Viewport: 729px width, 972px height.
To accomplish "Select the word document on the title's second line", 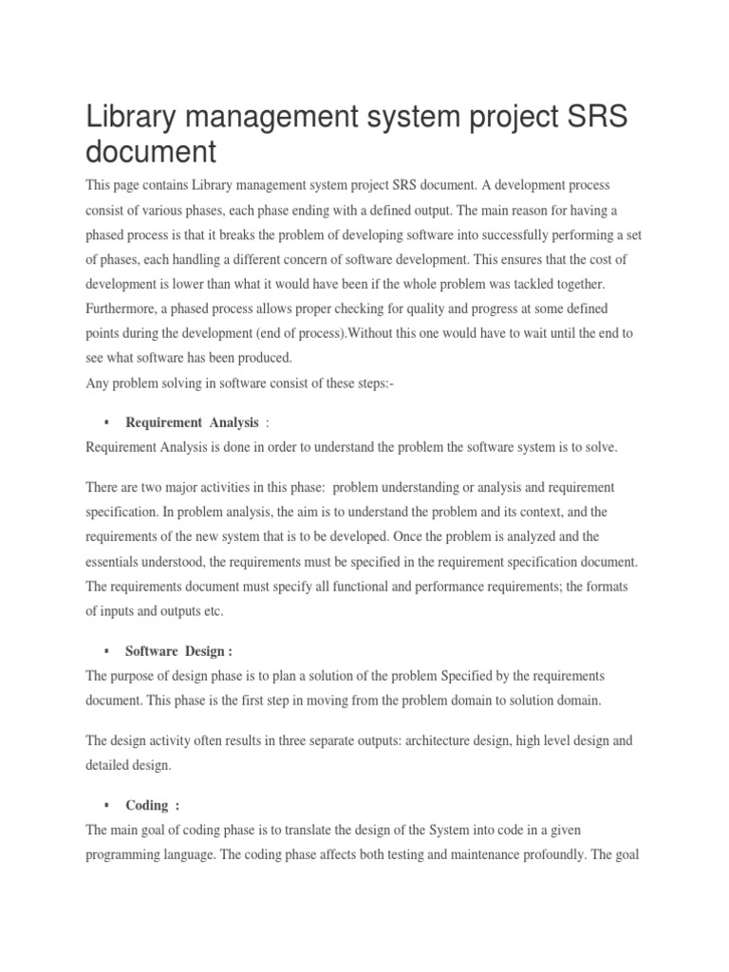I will tap(152, 153).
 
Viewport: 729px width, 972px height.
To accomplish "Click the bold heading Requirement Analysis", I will tap(192, 421).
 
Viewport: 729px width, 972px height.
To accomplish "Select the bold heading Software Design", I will tap(178, 651).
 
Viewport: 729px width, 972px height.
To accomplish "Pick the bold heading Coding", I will tap(147, 778).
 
